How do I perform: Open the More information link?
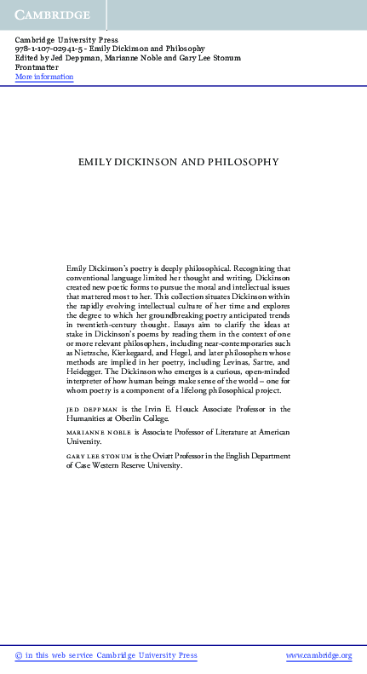point(44,77)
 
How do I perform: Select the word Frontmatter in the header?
point(37,67)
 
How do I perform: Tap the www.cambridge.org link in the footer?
point(318,655)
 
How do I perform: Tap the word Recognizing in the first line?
point(241,268)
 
